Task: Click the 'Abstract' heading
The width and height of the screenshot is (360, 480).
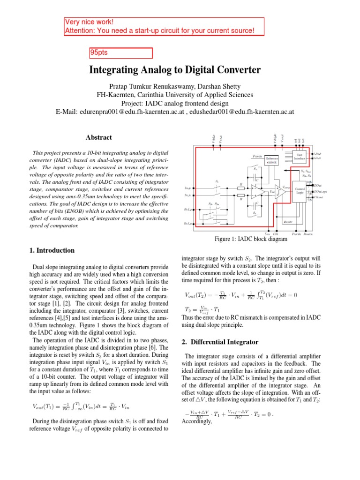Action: pyautogui.click(x=99, y=137)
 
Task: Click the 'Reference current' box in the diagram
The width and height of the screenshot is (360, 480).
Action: pyautogui.click(x=259, y=160)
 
